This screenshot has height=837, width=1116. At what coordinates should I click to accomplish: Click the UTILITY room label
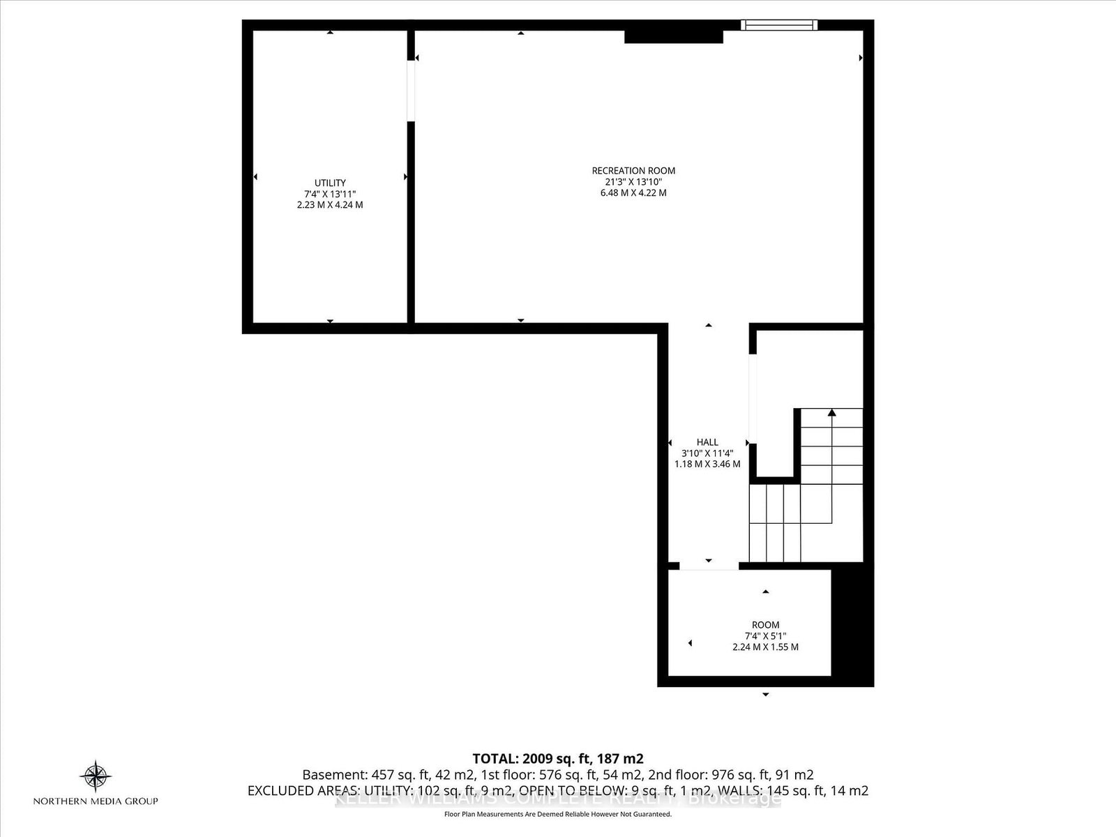tap(329, 183)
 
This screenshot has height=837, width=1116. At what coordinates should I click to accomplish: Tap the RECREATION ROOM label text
tap(633, 170)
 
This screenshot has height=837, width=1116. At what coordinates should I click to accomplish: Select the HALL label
tap(707, 442)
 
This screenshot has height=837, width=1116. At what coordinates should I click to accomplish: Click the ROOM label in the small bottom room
tap(765, 625)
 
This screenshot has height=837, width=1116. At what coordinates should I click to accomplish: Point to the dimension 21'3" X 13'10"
tap(633, 181)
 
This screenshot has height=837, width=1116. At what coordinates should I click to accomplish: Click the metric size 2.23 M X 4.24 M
tap(329, 205)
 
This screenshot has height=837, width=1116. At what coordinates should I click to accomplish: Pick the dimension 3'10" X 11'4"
tap(707, 453)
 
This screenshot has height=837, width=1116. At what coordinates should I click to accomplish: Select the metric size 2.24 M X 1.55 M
tap(765, 647)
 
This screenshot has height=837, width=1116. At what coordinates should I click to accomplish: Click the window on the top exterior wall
tap(779, 25)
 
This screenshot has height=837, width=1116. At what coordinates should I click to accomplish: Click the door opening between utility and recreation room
tap(411, 91)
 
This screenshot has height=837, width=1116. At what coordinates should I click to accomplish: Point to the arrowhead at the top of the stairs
tap(831, 412)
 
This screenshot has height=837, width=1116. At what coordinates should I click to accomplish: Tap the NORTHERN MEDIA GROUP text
tap(96, 801)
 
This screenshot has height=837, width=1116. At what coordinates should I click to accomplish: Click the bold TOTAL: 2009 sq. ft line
tap(557, 758)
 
